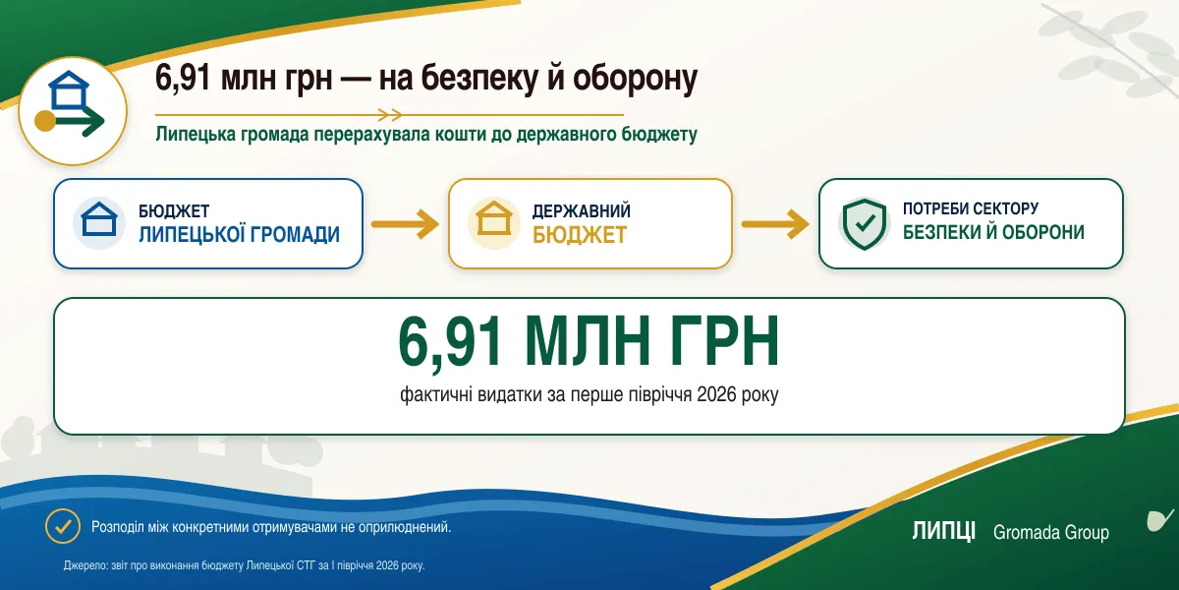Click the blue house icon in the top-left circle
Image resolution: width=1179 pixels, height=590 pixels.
[x=69, y=89]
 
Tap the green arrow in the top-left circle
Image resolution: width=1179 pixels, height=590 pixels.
[x=80, y=121]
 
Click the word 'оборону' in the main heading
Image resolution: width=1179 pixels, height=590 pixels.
[x=635, y=79]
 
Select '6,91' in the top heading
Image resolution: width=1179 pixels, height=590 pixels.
[x=183, y=79]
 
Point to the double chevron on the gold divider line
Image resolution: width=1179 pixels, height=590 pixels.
[x=390, y=114]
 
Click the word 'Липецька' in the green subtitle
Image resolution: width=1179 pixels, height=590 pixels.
[x=196, y=135]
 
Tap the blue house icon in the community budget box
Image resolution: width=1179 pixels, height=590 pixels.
[x=99, y=219]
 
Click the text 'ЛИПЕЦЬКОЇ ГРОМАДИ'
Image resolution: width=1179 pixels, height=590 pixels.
[x=239, y=234]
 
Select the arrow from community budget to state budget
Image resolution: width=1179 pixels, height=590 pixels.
[x=405, y=224]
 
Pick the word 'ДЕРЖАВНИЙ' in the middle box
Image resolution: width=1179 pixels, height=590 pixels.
[x=581, y=211]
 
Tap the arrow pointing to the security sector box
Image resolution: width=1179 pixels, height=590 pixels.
[x=775, y=224]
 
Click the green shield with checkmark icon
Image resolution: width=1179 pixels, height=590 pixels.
[x=865, y=224]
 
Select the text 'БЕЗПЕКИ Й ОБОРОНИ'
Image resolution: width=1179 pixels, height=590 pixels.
[x=993, y=232]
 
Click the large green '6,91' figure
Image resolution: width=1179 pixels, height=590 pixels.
[x=450, y=341]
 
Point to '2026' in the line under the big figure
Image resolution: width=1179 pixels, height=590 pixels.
[x=716, y=394]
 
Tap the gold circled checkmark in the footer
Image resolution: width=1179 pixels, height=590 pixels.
[x=63, y=526]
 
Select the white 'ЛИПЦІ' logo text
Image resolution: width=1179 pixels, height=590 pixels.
[x=944, y=531]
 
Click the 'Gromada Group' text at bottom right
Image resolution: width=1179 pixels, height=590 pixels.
[x=1051, y=533]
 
